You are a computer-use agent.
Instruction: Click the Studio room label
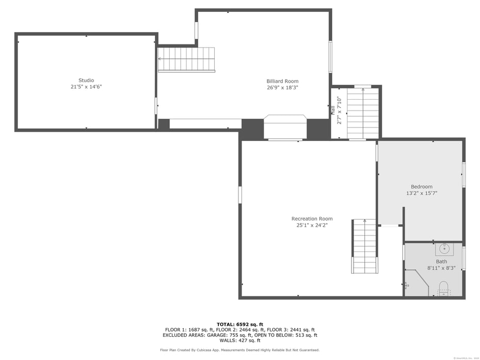pos(86,80)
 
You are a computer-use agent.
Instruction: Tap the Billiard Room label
pos(282,81)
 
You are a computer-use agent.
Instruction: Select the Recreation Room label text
pos(312,218)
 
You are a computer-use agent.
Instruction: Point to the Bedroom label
pos(422,186)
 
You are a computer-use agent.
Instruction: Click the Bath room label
pos(441,261)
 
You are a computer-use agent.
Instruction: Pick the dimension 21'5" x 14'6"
pos(86,87)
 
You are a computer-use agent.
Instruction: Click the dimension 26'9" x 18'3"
pos(282,88)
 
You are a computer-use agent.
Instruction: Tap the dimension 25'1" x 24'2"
pos(312,225)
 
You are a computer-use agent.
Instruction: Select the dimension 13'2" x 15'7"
pos(422,193)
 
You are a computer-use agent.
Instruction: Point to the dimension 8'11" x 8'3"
pos(441,268)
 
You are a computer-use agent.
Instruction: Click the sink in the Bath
pos(444,249)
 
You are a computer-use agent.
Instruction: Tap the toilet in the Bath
pos(443,288)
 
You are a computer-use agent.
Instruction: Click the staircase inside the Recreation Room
pos(365,246)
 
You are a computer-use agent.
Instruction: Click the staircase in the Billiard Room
pos(186,59)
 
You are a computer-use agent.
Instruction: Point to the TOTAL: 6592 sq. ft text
pos(239,324)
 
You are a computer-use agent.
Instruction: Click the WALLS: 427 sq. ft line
pos(239,340)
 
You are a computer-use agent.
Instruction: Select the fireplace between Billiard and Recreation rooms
pos(285,127)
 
